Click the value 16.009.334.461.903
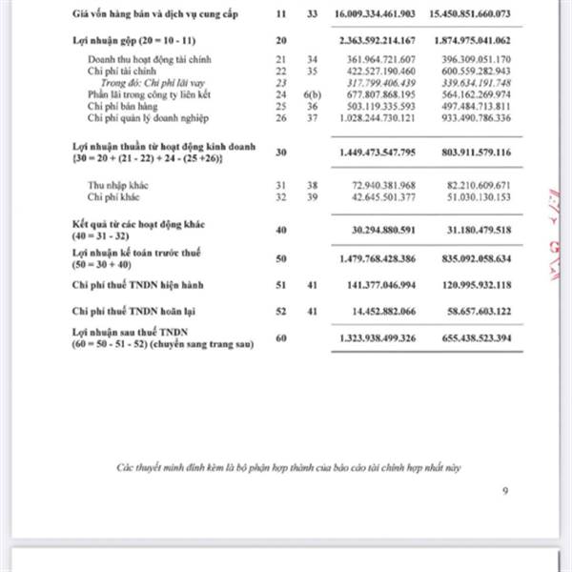(x=376, y=16)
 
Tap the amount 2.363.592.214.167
(x=376, y=41)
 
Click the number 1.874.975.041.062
(x=483, y=41)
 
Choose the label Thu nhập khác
(x=115, y=185)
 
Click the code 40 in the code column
(x=281, y=230)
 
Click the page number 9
(x=505, y=491)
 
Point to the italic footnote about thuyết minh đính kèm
(x=289, y=468)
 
